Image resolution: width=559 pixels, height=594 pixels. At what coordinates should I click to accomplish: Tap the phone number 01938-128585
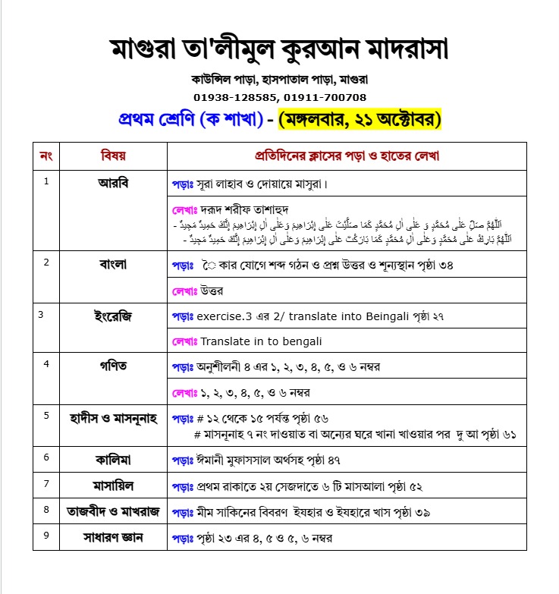click(237, 97)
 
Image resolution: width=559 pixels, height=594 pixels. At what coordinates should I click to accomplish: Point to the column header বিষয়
click(113, 156)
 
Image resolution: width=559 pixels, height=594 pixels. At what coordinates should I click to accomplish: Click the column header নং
click(46, 156)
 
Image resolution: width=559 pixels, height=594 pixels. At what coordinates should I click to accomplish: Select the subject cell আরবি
click(113, 183)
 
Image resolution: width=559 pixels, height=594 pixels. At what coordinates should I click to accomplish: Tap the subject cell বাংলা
click(113, 265)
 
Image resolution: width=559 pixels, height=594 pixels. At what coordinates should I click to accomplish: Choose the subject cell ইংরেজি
click(113, 316)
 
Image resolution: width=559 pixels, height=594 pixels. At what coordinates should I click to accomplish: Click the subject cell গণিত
click(113, 366)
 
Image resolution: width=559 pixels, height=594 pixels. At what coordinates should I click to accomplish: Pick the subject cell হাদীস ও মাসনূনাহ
click(113, 416)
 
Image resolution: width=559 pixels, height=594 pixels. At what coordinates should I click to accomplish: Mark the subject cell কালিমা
click(113, 458)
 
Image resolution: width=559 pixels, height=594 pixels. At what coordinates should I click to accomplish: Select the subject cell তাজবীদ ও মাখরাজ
click(113, 511)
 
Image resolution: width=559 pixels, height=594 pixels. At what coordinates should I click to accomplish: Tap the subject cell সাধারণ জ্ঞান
click(113, 538)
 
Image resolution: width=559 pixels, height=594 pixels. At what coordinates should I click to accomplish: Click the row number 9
click(46, 536)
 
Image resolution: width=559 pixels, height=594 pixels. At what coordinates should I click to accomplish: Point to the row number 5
click(46, 415)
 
